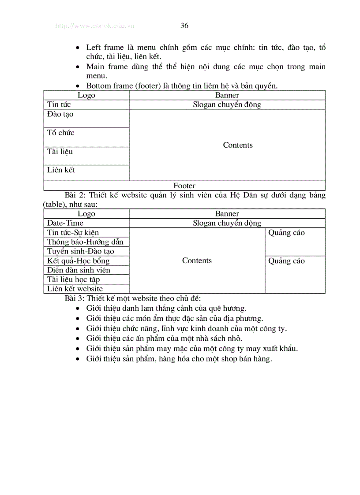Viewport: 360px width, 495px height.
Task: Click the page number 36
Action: tap(184, 26)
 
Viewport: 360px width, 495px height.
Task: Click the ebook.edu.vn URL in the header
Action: tap(94, 26)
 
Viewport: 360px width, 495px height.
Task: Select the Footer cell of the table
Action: tap(184, 186)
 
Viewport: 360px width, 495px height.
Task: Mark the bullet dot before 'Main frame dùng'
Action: tap(78, 67)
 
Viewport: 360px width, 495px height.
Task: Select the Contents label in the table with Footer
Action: tap(238, 145)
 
